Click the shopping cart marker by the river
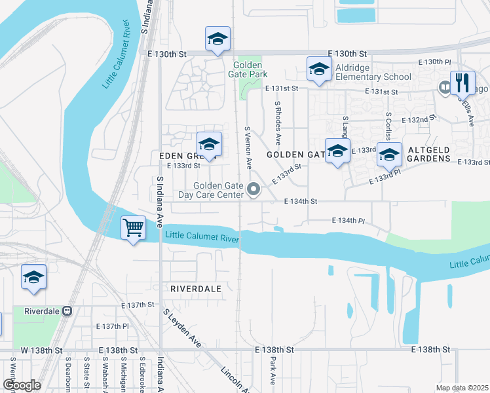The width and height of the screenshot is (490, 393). (134, 229)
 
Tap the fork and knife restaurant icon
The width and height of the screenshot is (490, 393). (462, 83)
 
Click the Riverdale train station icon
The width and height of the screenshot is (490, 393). (67, 311)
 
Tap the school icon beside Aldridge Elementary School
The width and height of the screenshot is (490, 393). (319, 69)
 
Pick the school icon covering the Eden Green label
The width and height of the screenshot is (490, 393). (209, 144)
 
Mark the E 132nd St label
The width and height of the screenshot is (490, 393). (422, 120)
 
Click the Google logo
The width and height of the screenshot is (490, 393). (22, 385)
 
